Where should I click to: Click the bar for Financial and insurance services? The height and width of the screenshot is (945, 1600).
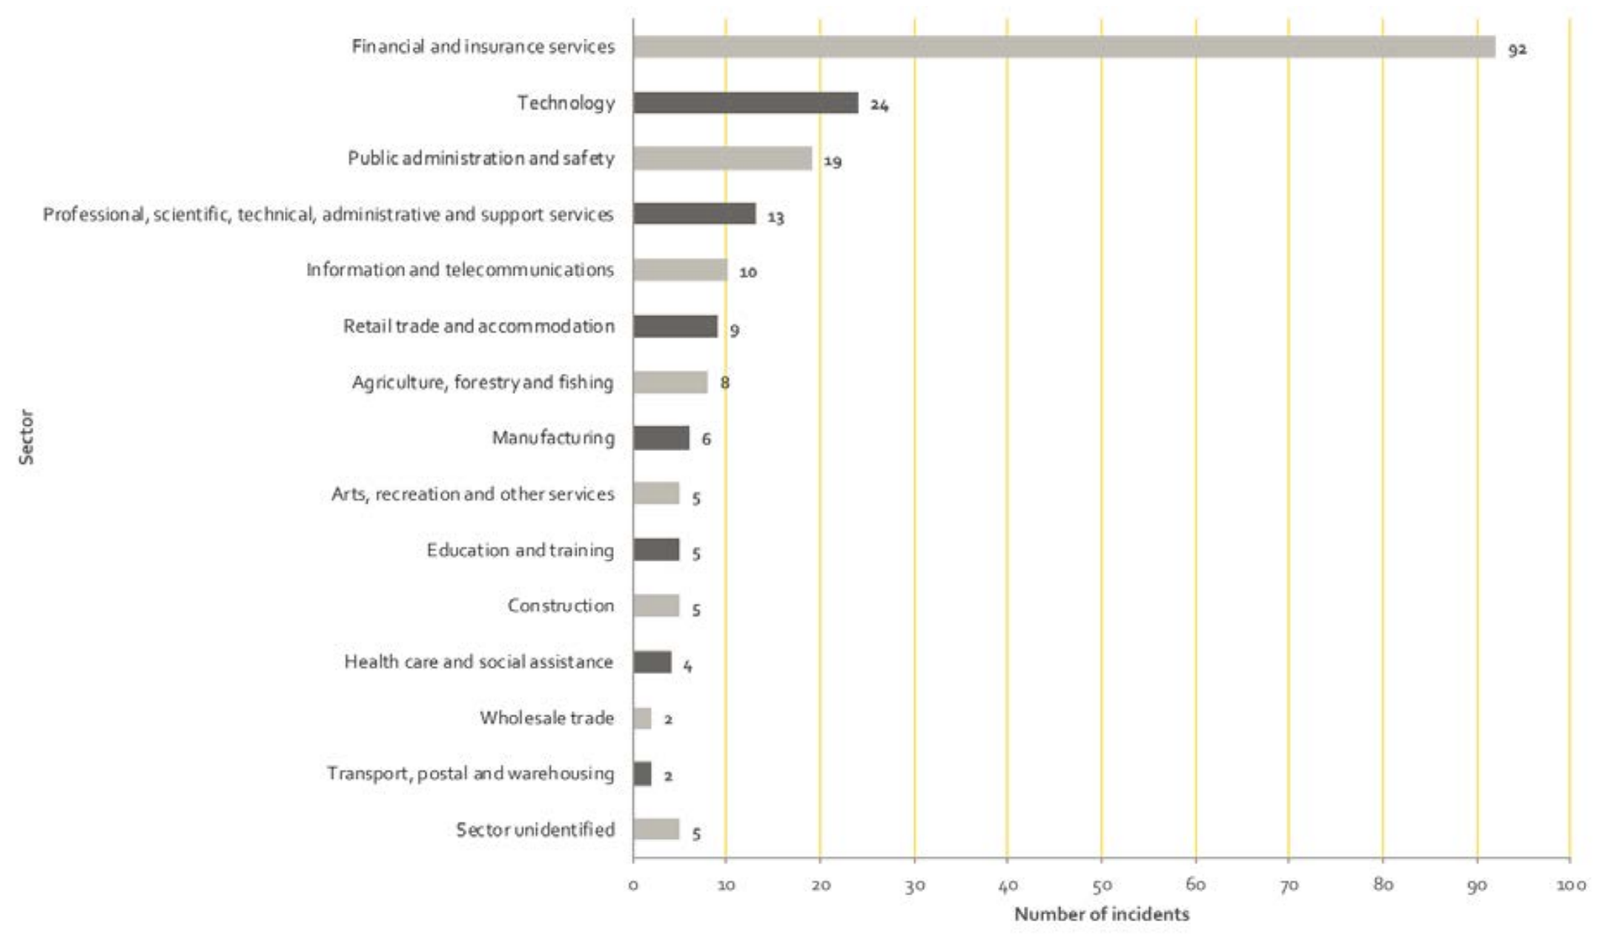(x=1063, y=47)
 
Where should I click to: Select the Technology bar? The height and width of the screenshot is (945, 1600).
(x=745, y=103)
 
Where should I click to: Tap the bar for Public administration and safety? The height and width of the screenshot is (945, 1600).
(x=722, y=159)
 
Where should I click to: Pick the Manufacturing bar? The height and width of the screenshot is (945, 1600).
(x=661, y=438)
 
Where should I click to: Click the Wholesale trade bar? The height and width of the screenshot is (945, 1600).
(x=642, y=718)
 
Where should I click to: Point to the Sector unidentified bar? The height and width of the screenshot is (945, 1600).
(x=655, y=829)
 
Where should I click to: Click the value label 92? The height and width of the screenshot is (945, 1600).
(x=1517, y=50)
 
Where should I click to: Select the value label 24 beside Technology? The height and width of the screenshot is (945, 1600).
(x=879, y=105)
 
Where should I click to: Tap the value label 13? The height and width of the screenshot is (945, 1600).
(x=776, y=217)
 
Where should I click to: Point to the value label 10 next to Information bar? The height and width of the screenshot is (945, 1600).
(x=748, y=272)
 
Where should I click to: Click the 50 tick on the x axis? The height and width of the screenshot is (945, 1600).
(x=1102, y=885)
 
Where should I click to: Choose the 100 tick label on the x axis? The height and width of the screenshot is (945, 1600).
(x=1570, y=885)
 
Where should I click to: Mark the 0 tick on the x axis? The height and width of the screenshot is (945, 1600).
(x=633, y=885)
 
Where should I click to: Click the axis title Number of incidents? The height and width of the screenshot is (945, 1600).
(x=1101, y=914)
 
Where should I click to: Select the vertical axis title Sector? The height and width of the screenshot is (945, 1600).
(x=27, y=438)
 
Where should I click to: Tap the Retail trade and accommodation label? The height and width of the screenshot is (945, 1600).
(x=478, y=326)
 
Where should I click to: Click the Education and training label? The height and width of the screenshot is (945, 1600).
(x=520, y=550)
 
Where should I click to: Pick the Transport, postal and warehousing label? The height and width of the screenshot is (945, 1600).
(x=470, y=774)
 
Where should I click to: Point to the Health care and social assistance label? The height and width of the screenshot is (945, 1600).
(x=478, y=662)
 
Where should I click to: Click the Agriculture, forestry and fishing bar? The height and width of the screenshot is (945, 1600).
(x=670, y=383)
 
